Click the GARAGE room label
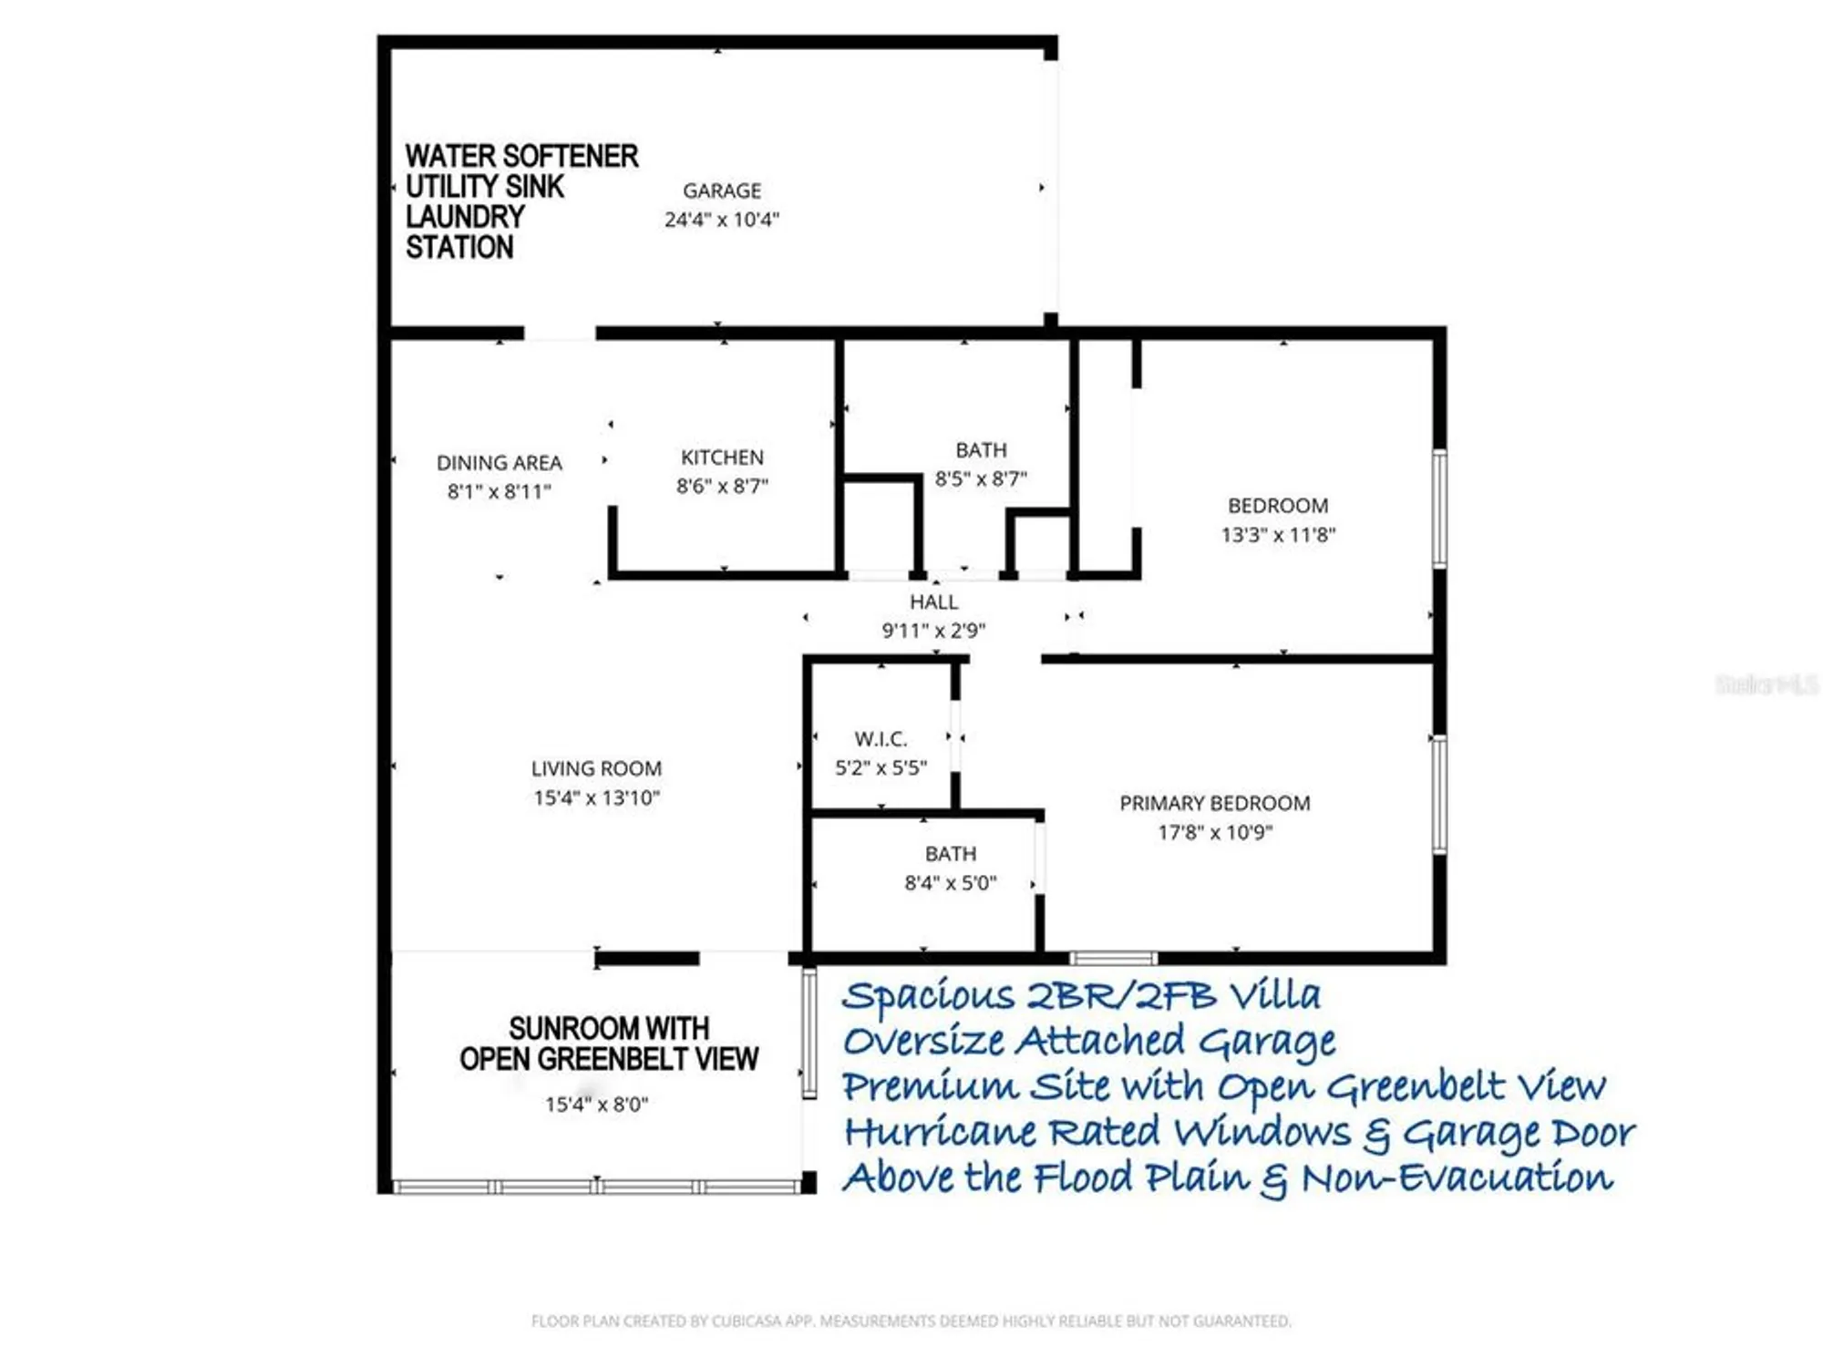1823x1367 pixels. tap(721, 190)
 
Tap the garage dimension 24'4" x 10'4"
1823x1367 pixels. tap(721, 220)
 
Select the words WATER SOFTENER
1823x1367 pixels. tap(521, 156)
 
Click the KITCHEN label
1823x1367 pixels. tap(722, 457)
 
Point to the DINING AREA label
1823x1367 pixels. tap(499, 463)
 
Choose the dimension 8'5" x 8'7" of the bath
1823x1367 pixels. tap(981, 479)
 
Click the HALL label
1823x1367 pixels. tap(933, 602)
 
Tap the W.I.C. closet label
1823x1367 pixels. tap(881, 739)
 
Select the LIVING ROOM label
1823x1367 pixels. tap(596, 769)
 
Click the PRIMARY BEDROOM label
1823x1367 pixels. tap(1214, 804)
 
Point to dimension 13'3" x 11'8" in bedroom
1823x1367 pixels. tap(1278, 535)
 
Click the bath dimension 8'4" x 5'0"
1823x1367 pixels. tap(950, 883)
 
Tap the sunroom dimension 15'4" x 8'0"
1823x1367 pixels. tap(596, 1105)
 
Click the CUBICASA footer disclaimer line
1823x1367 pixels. tap(911, 1321)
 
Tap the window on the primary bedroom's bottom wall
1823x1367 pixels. tap(1113, 959)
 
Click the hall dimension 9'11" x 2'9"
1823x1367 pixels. tap(933, 631)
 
